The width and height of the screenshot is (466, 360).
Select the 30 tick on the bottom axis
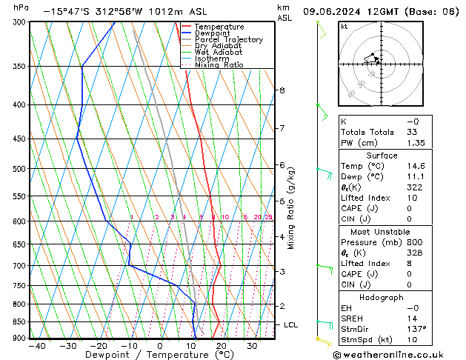pyautogui.click(x=253, y=346)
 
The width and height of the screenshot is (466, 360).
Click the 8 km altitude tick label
pyautogui.click(x=282, y=90)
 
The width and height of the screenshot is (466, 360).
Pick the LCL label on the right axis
pyautogui.click(x=291, y=324)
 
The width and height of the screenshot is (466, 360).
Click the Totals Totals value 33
pyautogui.click(x=412, y=132)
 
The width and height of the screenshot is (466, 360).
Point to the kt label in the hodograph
pyautogui.click(x=344, y=27)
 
